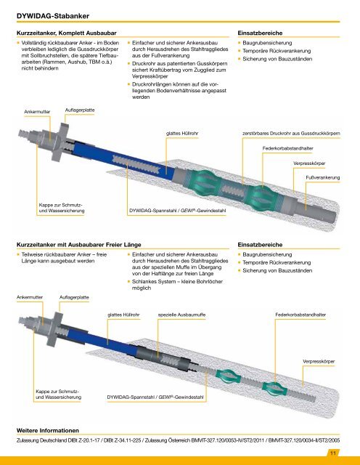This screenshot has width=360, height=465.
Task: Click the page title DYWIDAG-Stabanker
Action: coord(53,16)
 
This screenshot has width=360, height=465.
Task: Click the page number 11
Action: coord(333,453)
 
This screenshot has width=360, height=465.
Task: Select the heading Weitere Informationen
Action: coord(48,430)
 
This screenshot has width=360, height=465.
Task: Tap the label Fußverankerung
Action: coord(323,177)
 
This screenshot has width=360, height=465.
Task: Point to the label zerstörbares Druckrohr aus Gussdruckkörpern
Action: coord(291,134)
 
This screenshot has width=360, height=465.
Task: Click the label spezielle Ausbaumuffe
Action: coord(181,315)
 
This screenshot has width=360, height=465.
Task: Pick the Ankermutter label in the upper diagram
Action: coord(37,112)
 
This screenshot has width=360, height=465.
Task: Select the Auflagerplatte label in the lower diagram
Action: coord(74,297)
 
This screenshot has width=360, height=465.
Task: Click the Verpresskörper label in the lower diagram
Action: coord(319,362)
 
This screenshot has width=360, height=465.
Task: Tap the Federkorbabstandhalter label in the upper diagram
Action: coord(287,148)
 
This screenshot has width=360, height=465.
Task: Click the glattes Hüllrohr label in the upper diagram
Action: coord(182,134)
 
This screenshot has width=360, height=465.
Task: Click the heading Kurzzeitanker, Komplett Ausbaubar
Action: coord(66,33)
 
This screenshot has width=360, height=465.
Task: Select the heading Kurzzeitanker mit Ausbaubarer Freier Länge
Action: coord(79,245)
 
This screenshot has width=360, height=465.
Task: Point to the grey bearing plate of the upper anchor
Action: coord(60,142)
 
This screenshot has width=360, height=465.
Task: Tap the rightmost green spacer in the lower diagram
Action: coord(275,389)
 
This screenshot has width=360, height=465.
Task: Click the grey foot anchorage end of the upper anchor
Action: coord(317,210)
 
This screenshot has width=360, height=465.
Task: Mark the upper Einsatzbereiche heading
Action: coord(260,33)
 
